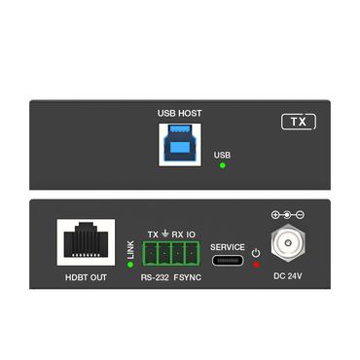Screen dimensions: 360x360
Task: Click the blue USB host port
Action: (x=180, y=145)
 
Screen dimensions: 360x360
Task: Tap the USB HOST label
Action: (x=180, y=113)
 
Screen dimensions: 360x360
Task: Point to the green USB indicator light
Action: (x=223, y=165)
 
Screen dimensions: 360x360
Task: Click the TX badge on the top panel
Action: (x=299, y=123)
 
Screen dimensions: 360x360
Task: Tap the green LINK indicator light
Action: (x=130, y=265)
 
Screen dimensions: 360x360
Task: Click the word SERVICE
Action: (x=228, y=247)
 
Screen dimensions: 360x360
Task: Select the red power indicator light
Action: (x=256, y=264)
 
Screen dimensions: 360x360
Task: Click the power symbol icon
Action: (x=256, y=252)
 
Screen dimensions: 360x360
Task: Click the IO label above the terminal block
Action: (x=192, y=234)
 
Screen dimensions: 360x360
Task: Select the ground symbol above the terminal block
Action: (x=165, y=234)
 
